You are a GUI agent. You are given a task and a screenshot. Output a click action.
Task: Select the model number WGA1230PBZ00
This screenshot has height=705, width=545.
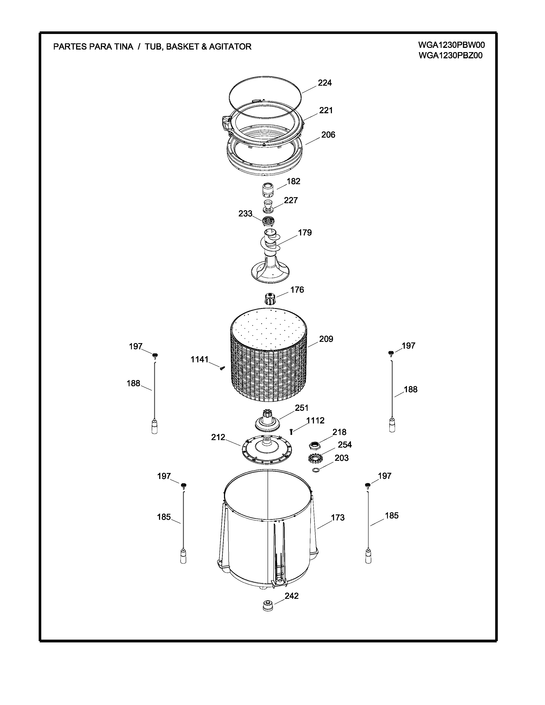pyautogui.click(x=450, y=56)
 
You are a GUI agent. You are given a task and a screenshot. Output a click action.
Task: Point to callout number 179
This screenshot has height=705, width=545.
pyautogui.click(x=305, y=233)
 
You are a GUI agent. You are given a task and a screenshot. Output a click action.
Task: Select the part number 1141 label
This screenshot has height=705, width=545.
pyautogui.click(x=200, y=359)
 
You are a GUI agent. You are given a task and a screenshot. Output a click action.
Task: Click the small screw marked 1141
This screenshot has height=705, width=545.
pyautogui.click(x=222, y=368)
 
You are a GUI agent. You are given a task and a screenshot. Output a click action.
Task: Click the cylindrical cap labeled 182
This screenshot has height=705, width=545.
pyautogui.click(x=268, y=190)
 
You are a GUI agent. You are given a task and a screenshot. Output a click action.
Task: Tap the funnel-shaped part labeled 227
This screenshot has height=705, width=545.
pyautogui.click(x=268, y=207)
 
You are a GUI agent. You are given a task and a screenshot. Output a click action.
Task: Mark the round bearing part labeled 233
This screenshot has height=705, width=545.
pyautogui.click(x=268, y=222)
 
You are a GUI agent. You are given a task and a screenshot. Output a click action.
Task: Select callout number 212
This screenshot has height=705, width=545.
pyautogui.click(x=218, y=437)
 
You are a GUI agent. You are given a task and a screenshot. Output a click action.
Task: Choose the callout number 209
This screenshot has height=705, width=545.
pyautogui.click(x=326, y=339)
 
